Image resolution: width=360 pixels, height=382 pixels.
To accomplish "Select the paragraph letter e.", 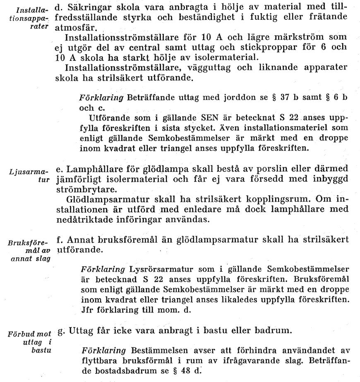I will click(58, 169).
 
